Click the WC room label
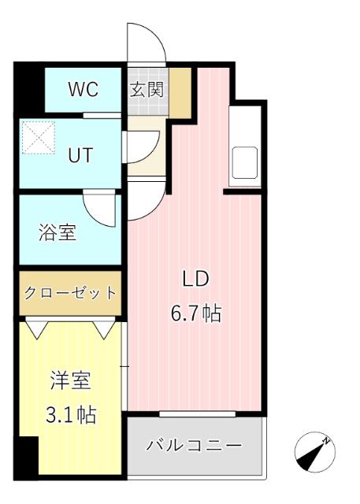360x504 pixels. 82,89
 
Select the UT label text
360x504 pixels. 80,155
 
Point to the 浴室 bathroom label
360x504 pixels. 58,233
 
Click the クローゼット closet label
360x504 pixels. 70,293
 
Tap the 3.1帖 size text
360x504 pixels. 70,415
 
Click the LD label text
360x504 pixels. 195,279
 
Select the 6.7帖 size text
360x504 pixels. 195,313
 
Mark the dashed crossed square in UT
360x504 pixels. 38,138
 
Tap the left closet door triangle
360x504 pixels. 36,326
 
